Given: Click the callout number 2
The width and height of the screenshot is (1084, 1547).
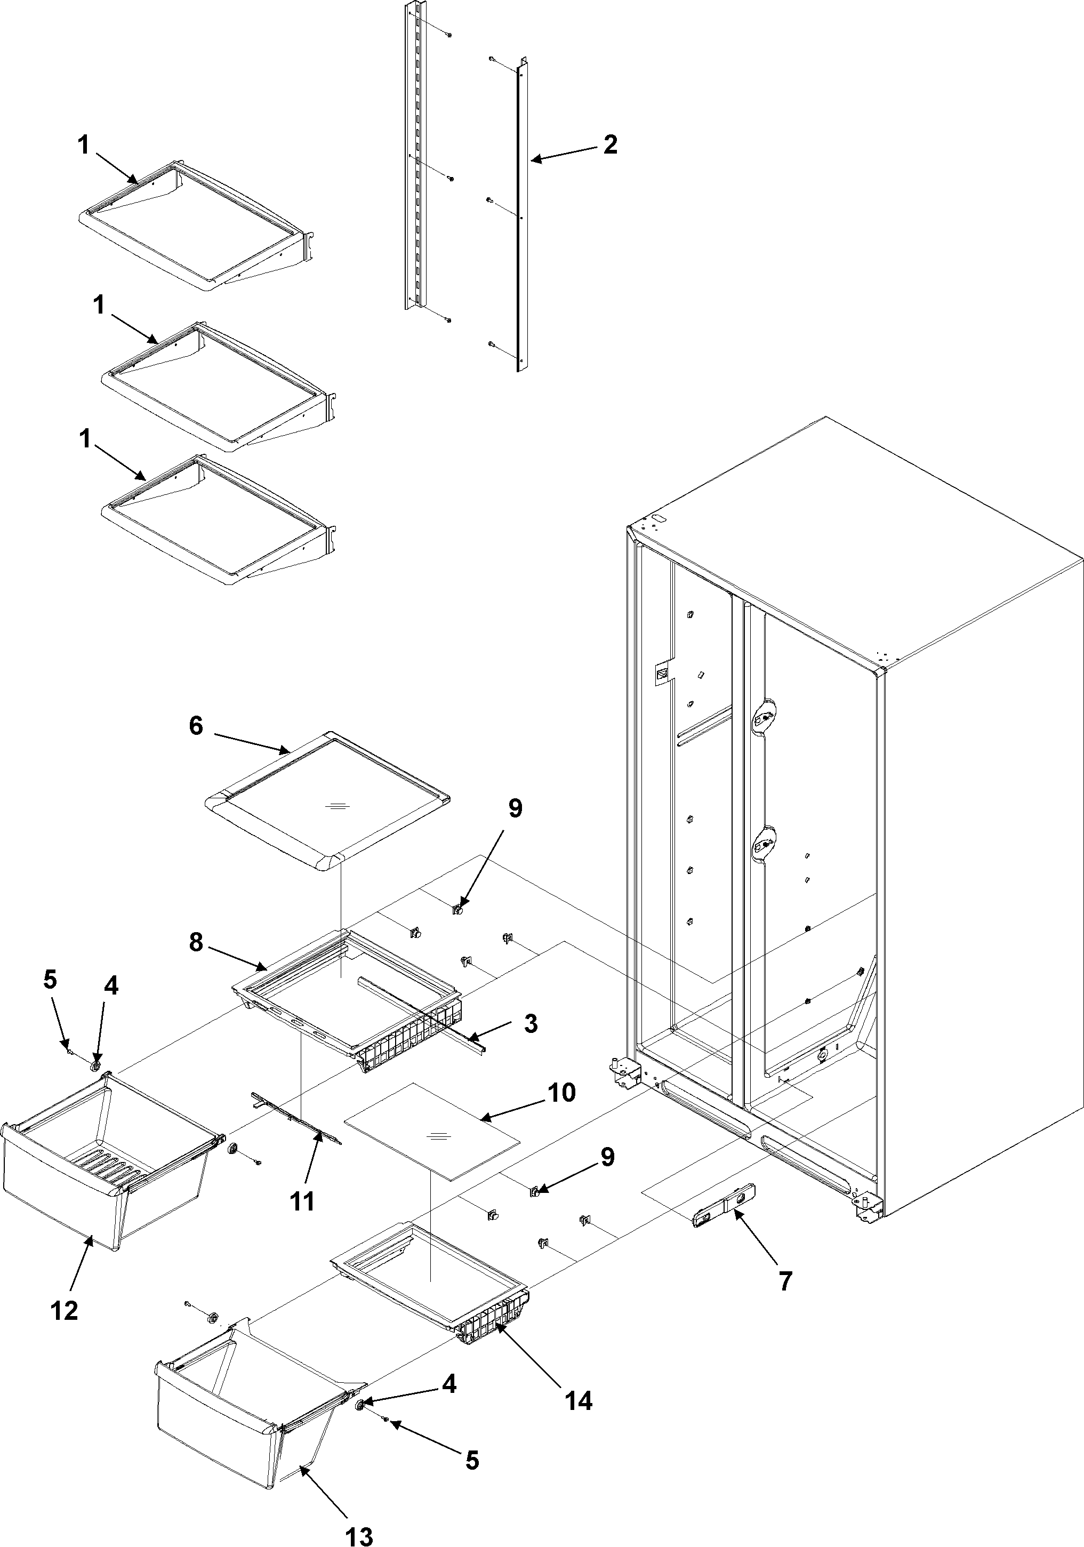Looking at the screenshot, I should tap(609, 144).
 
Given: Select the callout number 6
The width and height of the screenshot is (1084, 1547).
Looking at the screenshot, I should tap(195, 726).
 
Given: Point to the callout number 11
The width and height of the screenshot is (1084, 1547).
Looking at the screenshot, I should tap(302, 1201).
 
